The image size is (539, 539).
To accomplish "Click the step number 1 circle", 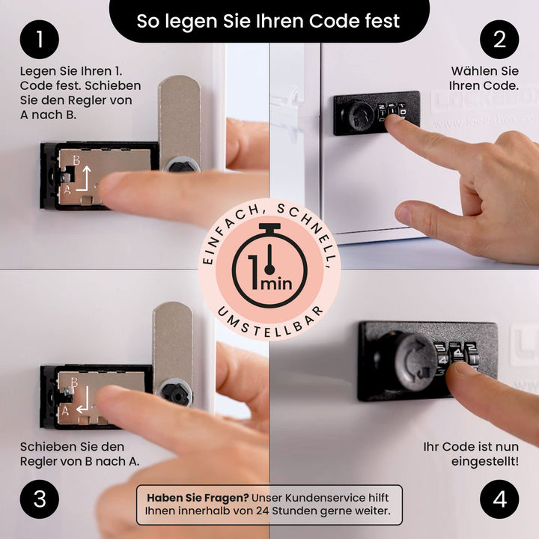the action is (40, 39).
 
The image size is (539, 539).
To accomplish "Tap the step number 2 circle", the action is (499, 39).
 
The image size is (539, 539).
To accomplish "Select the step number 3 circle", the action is (40, 499).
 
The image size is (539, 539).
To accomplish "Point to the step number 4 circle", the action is (499, 499).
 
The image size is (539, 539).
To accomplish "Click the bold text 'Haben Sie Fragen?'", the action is (198, 498).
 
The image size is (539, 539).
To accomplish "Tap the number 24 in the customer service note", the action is (262, 511).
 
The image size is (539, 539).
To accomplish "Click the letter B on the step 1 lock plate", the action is (76, 160).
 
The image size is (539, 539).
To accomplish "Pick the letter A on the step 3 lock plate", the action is (65, 410).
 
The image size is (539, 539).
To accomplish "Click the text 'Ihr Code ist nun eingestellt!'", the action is (471, 454).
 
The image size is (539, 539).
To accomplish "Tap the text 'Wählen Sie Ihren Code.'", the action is (484, 79).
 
